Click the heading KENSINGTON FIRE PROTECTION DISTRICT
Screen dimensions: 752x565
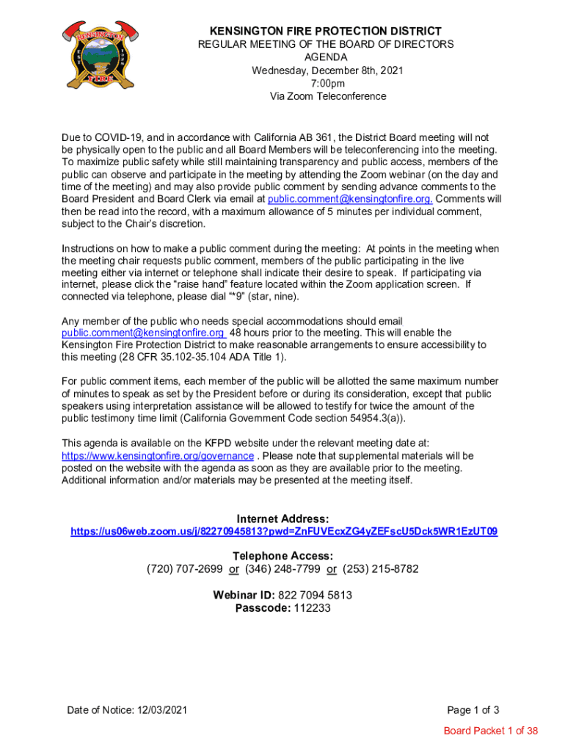(x=326, y=31)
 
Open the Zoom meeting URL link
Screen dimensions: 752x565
(x=284, y=531)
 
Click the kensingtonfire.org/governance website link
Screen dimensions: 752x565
(x=158, y=455)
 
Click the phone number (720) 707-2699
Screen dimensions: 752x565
(x=184, y=569)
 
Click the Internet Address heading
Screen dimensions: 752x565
(x=282, y=518)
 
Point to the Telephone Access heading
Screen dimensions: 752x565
(x=282, y=556)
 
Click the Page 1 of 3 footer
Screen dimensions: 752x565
(x=473, y=710)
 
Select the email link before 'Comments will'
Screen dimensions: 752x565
(x=350, y=198)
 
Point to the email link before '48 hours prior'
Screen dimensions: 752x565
(x=143, y=333)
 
